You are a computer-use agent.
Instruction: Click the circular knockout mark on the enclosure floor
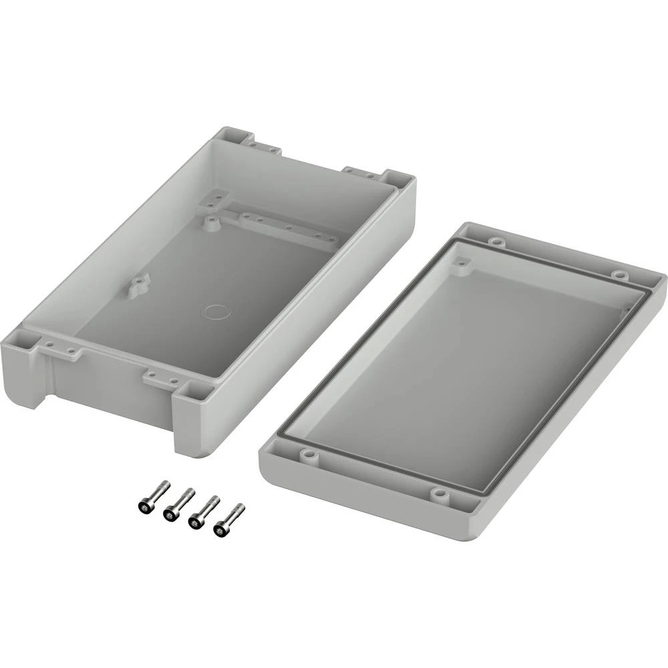pyautogui.click(x=216, y=311)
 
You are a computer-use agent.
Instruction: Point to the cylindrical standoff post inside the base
pyautogui.click(x=210, y=222)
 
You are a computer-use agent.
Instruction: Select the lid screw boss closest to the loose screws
pyautogui.click(x=308, y=455)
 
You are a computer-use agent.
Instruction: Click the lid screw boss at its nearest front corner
pyautogui.click(x=439, y=494)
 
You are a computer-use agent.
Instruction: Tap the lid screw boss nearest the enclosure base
pyautogui.click(x=494, y=241)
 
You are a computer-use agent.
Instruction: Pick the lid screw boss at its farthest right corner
pyautogui.click(x=619, y=275)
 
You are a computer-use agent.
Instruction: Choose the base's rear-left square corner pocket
pyautogui.click(x=232, y=135)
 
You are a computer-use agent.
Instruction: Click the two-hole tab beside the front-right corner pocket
pyautogui.click(x=160, y=379)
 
